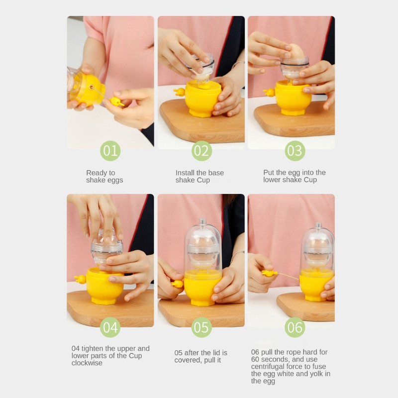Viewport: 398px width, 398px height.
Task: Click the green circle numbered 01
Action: (110, 151)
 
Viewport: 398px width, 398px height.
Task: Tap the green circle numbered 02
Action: (201, 151)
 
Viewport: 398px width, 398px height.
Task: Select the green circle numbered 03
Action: (295, 151)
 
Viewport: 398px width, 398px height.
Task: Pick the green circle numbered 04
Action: (110, 327)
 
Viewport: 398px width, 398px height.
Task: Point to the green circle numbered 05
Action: (201, 327)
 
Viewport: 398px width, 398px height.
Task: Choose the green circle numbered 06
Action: (295, 327)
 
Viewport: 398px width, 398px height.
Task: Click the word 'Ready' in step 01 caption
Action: (97, 173)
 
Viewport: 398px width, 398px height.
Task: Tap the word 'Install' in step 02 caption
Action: (184, 173)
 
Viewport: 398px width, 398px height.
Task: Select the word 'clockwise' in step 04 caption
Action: (87, 363)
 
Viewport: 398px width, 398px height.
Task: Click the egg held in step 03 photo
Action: (296, 52)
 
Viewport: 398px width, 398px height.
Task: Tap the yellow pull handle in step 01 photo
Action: (116, 101)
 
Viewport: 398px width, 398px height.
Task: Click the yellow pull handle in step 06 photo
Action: (270, 273)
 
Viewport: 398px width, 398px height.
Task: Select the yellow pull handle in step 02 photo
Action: (179, 92)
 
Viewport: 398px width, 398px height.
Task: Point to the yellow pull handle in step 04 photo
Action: (80, 279)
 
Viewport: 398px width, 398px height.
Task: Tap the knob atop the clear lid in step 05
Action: (202, 221)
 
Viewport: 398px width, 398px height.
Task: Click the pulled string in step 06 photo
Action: (289, 277)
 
